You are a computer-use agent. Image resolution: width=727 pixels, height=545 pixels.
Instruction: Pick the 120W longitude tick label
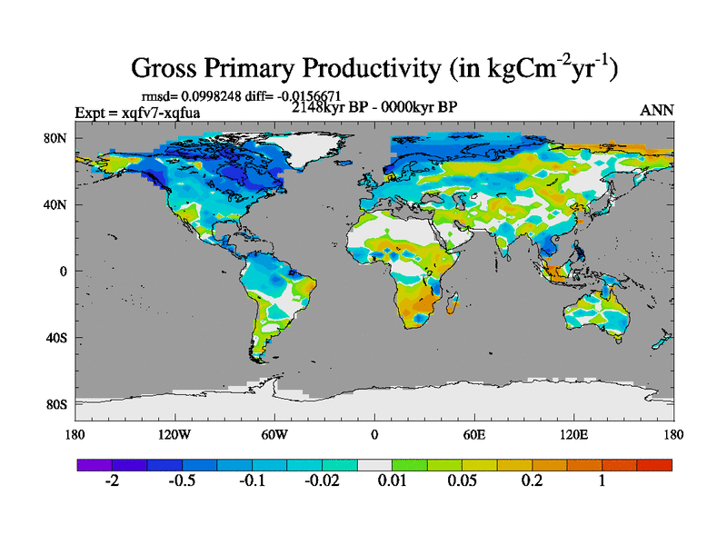click(x=174, y=434)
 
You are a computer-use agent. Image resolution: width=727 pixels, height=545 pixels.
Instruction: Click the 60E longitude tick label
click(x=473, y=434)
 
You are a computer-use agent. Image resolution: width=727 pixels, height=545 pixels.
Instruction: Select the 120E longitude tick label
click(x=573, y=434)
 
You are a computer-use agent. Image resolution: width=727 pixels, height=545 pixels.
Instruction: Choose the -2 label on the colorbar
click(x=112, y=482)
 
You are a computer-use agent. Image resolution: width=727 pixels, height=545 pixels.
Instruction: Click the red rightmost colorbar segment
click(x=654, y=464)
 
